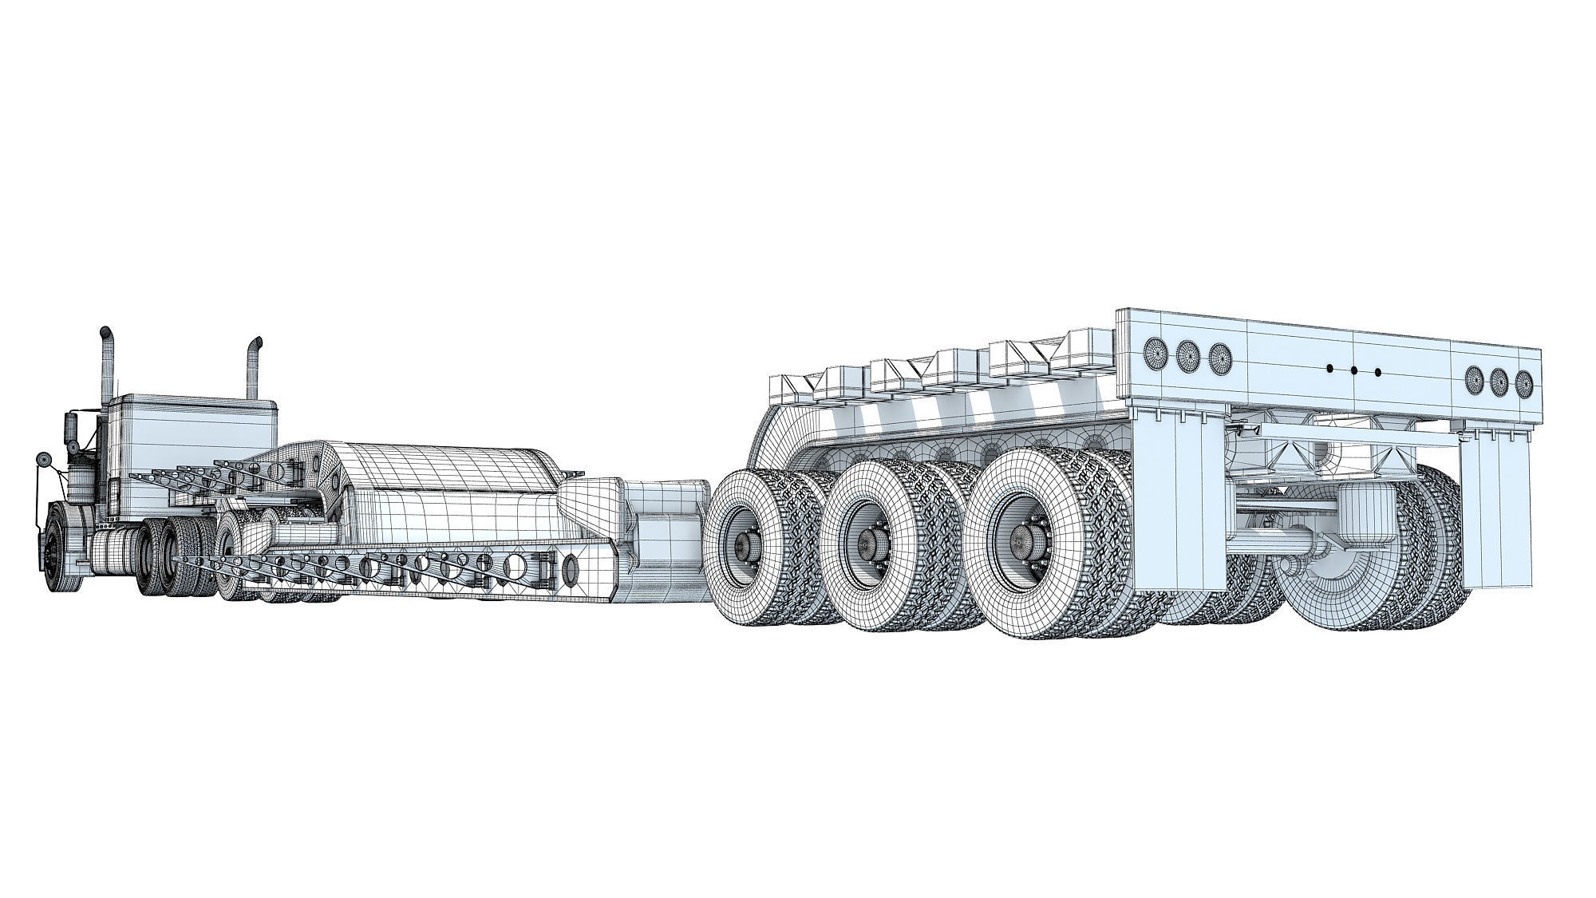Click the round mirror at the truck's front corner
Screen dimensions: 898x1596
41,461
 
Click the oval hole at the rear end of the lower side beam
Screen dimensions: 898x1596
570,568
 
